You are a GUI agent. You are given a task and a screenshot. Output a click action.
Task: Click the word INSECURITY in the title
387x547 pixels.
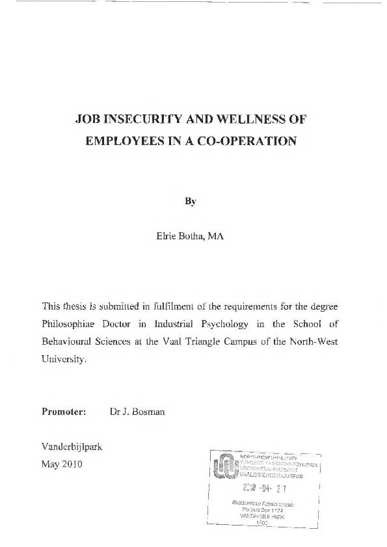(139, 120)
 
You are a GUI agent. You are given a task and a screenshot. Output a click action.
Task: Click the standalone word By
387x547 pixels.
(191, 201)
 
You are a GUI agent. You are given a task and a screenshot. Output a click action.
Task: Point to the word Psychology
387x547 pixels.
(235, 323)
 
